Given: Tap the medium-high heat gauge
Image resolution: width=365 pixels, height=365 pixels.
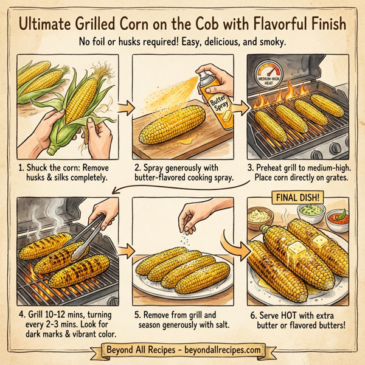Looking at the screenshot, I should click(x=272, y=78).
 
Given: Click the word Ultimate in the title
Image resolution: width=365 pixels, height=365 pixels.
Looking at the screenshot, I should click(x=47, y=25).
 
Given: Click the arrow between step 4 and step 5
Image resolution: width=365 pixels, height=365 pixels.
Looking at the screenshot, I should click(x=127, y=249).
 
